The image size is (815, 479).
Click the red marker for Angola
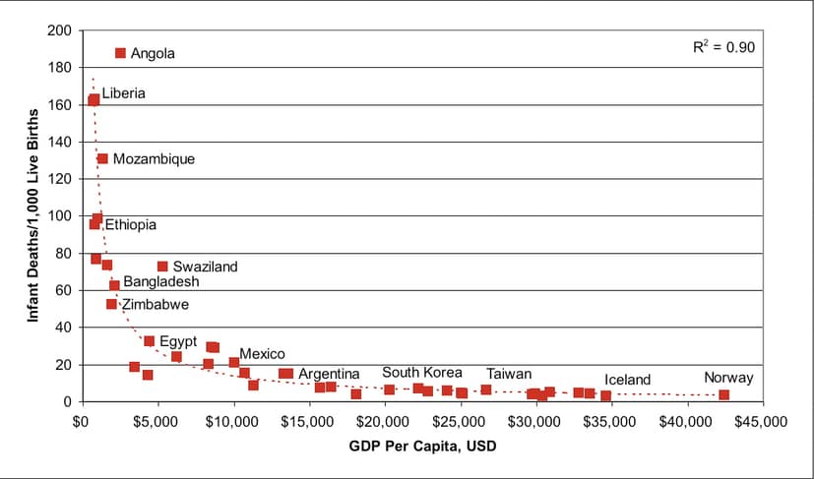[120, 53]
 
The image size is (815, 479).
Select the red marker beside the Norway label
[724, 394]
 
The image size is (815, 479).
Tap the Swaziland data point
[162, 267]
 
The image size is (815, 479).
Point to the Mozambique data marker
[102, 158]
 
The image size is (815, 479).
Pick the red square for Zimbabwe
[111, 304]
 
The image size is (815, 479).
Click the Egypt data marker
[150, 341]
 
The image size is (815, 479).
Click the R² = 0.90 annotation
[723, 47]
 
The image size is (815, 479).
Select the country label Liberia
[124, 93]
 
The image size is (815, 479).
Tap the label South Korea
[422, 373]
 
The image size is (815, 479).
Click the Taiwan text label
[509, 374]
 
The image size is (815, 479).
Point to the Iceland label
[627, 380]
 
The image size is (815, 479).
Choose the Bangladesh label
[161, 281]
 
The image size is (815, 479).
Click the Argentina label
[329, 374]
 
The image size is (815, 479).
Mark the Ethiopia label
[131, 224]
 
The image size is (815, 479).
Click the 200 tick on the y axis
[59, 30]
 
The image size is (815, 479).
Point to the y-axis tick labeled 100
[59, 216]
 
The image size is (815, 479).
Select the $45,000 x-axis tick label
[761, 422]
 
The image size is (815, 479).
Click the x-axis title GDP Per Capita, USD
[422, 446]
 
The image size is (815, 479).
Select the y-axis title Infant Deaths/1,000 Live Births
[32, 215]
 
